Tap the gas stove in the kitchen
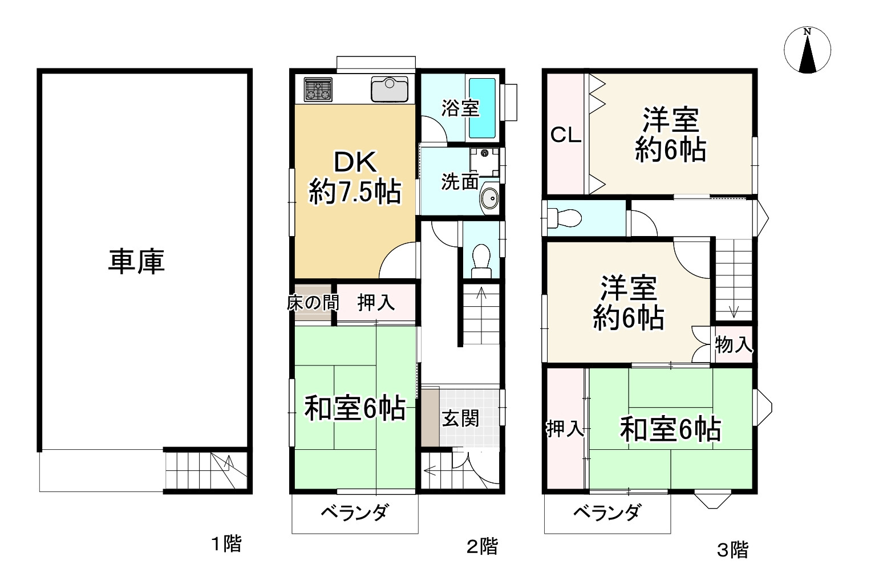click(318, 90)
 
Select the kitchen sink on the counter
click(390, 89)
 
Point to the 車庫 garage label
click(136, 262)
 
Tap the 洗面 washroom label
click(459, 182)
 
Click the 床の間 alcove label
click(311, 303)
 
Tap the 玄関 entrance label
click(460, 419)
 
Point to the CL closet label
click(565, 136)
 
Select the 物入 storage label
click(734, 344)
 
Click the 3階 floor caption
click(732, 550)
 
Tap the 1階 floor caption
click(226, 544)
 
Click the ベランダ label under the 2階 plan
click(354, 513)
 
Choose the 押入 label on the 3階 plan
click(565, 429)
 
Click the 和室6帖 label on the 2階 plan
click(355, 408)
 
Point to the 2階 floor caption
click(482, 547)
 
